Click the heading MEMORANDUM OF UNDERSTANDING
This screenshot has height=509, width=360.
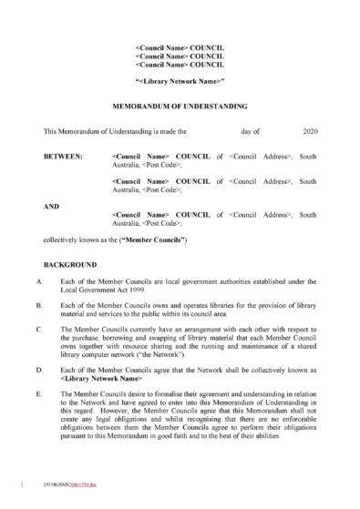coord(179,106)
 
